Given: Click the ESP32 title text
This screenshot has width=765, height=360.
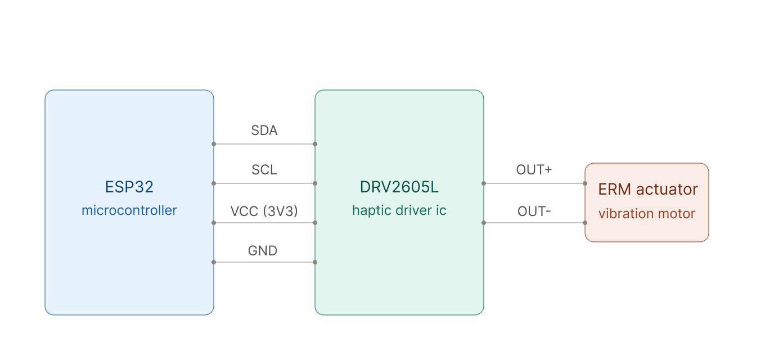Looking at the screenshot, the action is [129, 187].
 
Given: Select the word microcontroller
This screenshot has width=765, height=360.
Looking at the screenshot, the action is [129, 210].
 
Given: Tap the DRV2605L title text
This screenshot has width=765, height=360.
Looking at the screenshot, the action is [399, 187].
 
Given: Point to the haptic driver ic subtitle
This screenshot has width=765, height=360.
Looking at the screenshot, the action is [399, 210].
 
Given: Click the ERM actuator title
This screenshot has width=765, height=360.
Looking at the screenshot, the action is [648, 189].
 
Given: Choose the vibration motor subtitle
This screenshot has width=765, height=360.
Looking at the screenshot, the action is [646, 214].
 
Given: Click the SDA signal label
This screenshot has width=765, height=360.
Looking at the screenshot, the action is [264, 130].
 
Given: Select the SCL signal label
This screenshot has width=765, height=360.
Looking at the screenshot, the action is [264, 170].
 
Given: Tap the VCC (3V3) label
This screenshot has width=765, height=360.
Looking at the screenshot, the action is [264, 211].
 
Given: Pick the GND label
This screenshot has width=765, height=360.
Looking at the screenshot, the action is [262, 251].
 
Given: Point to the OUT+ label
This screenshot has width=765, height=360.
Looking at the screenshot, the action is [534, 170].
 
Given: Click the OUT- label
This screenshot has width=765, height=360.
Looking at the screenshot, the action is [534, 211].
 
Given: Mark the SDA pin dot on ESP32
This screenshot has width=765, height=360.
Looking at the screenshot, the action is [214, 144].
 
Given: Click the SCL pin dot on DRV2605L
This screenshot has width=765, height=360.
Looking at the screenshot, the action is [315, 183].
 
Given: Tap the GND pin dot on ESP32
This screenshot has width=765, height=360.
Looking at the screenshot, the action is [214, 262].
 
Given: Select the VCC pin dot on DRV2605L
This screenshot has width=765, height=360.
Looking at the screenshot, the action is [315, 223].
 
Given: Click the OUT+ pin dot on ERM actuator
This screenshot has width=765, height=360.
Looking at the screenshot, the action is [585, 183].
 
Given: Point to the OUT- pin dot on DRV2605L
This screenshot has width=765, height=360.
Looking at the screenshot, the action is [484, 223].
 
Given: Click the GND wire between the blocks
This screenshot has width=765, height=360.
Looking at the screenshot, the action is [264, 262].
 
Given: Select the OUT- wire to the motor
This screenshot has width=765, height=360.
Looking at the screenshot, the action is [534, 223].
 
